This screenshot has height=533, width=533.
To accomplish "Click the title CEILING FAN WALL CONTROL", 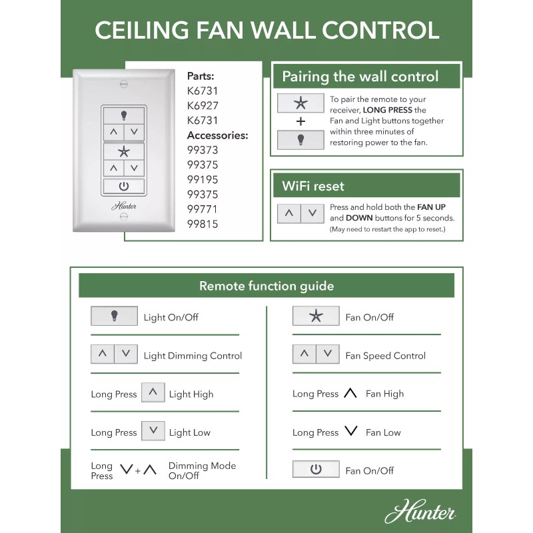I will pyautogui.click(x=266, y=30).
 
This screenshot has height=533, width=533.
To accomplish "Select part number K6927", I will pyautogui.click(x=203, y=106).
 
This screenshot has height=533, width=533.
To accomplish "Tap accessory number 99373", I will pyautogui.click(x=203, y=150).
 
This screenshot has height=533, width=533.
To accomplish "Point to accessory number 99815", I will pyautogui.click(x=203, y=224).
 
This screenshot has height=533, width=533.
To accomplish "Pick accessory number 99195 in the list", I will pyautogui.click(x=203, y=180).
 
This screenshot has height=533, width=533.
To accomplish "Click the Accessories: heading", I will pyautogui.click(x=217, y=135).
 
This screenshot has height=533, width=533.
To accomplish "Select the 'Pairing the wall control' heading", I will pyautogui.click(x=360, y=77).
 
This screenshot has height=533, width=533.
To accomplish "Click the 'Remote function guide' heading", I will pyautogui.click(x=266, y=286).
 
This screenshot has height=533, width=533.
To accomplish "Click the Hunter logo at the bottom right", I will pyautogui.click(x=420, y=513).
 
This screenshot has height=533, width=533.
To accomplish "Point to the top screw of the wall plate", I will pyautogui.click(x=123, y=84).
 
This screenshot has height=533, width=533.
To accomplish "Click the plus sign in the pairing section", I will pyautogui.click(x=300, y=122).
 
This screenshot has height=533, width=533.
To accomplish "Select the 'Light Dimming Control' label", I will pyautogui.click(x=193, y=356).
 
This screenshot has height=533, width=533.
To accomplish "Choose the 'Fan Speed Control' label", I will pyautogui.click(x=385, y=356).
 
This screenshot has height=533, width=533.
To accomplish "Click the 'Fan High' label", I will pyautogui.click(x=384, y=394).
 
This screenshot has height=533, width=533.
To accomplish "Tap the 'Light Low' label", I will pyautogui.click(x=189, y=432).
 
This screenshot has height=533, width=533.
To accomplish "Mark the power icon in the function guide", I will pyautogui.click(x=316, y=470).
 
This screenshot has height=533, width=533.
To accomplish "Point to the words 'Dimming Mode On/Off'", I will pyautogui.click(x=202, y=470).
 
